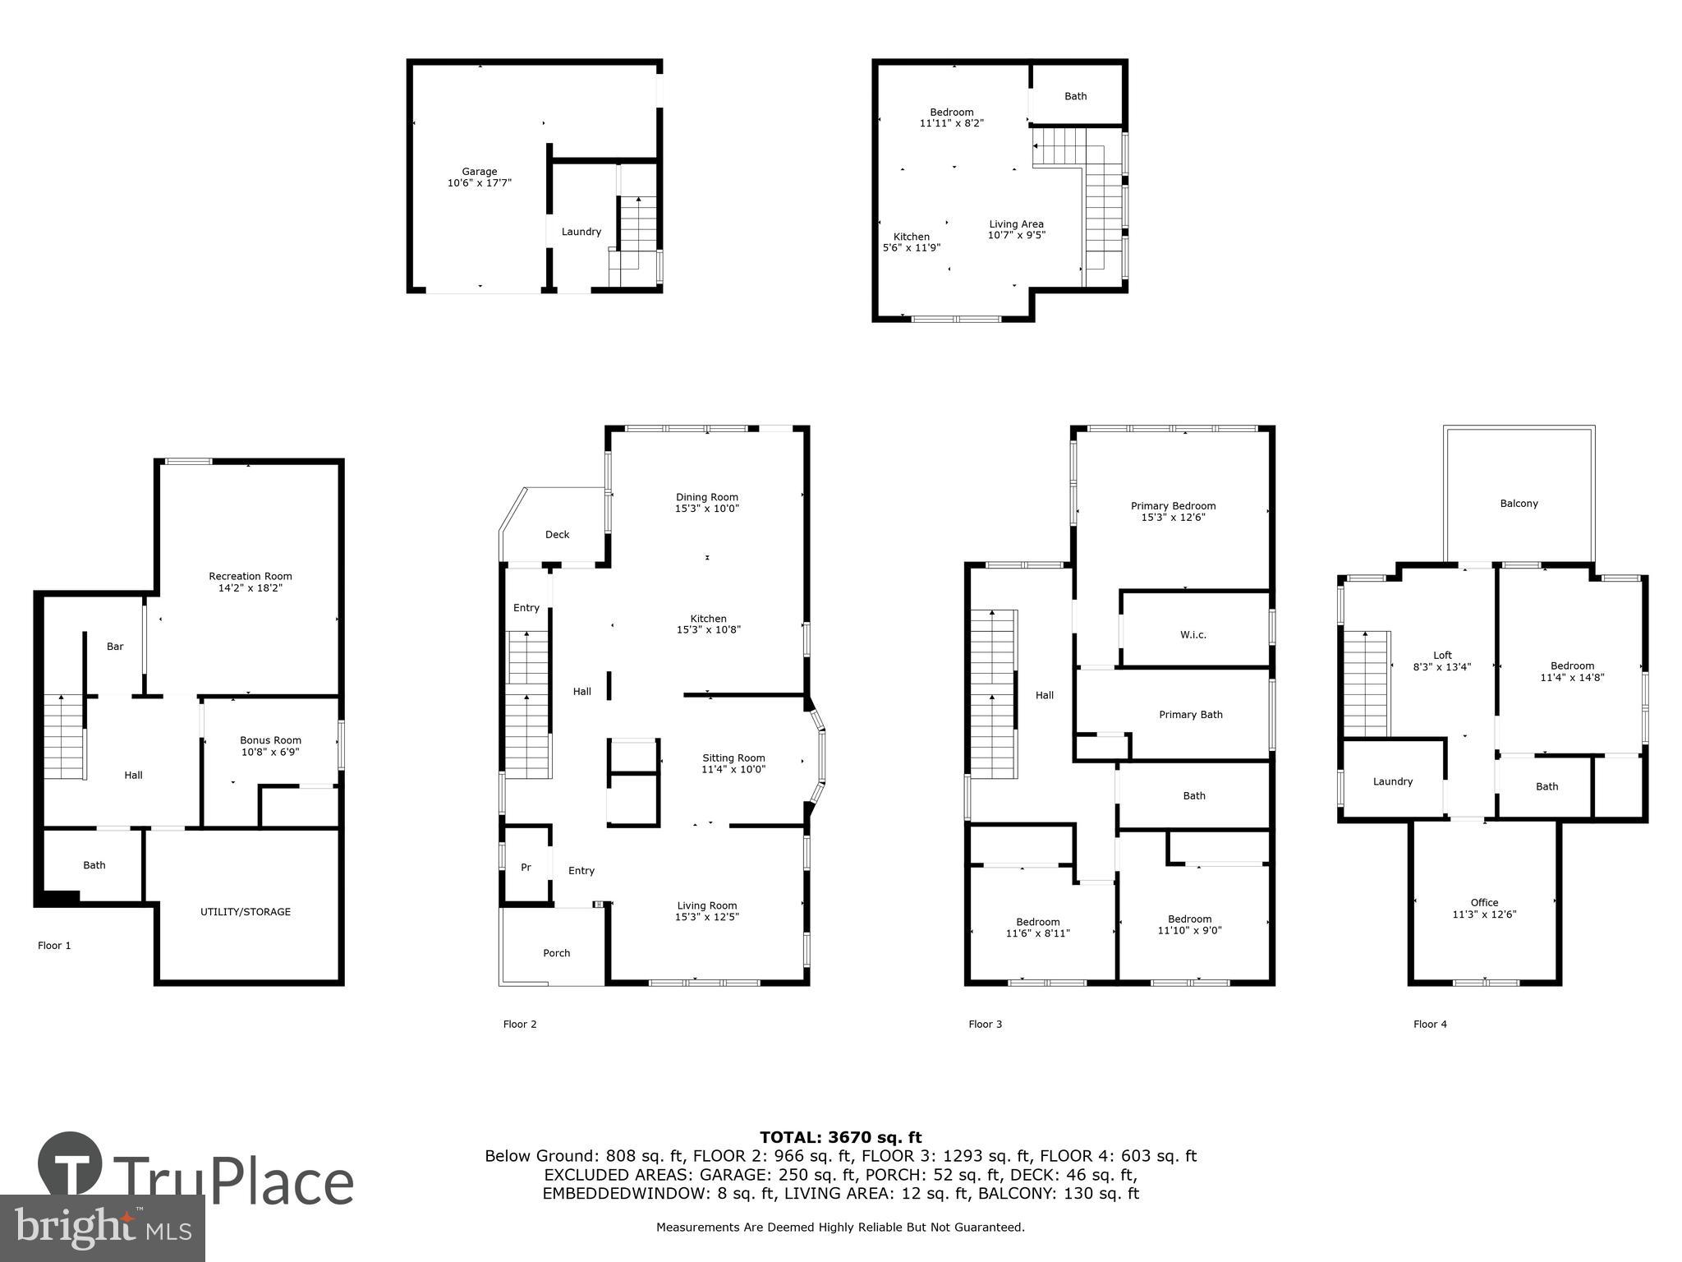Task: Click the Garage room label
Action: click(x=479, y=172)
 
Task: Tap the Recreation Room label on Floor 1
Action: click(x=250, y=576)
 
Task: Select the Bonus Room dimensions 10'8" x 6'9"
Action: click(x=270, y=752)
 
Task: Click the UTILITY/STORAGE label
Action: click(x=246, y=911)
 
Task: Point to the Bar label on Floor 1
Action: click(x=115, y=647)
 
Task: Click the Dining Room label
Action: click(x=706, y=497)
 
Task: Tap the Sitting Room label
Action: click(x=733, y=758)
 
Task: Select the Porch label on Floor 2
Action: click(x=556, y=953)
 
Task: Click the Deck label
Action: click(x=557, y=535)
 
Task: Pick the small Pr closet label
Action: click(x=526, y=868)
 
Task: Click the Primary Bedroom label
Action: click(x=1173, y=506)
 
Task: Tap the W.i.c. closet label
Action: click(x=1193, y=635)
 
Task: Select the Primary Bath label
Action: click(x=1190, y=715)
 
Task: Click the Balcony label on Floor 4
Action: click(x=1519, y=504)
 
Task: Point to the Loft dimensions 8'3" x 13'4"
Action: click(x=1442, y=667)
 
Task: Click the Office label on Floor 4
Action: click(x=1484, y=902)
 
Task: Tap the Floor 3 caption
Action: click(x=985, y=1024)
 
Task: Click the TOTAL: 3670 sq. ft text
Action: click(x=840, y=1137)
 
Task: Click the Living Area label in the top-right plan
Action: click(x=1016, y=224)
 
